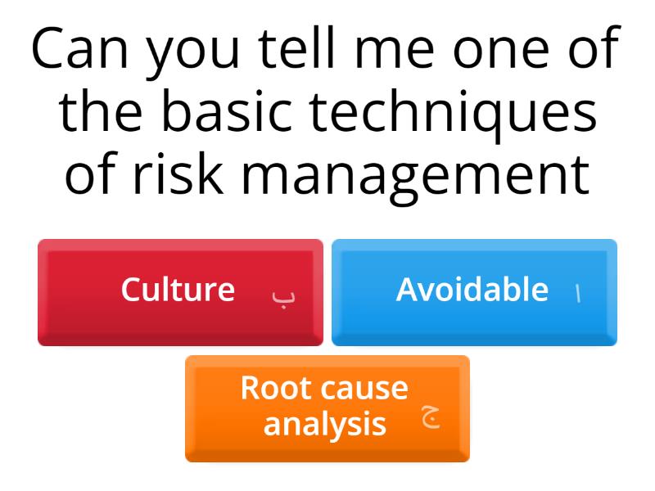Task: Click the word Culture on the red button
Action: tap(178, 290)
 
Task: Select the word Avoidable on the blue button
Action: tap(472, 290)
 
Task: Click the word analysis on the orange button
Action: tap(325, 424)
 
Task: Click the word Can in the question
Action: tap(78, 51)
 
